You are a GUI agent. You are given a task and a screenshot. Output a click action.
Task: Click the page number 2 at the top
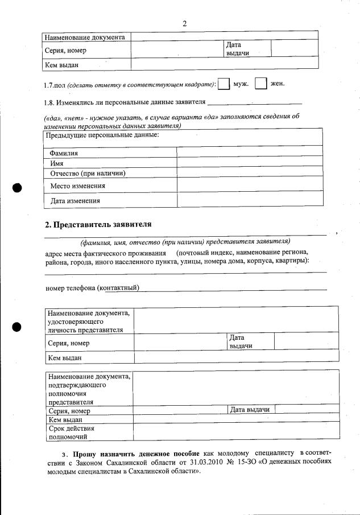coord(184,23)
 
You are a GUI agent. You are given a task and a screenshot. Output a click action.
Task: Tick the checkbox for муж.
coord(224,84)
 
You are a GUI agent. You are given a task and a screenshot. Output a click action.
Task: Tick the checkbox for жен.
coord(261,84)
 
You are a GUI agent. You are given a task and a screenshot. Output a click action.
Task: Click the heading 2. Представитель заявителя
coord(98,224)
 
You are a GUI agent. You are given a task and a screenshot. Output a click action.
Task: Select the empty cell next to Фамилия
coord(250,152)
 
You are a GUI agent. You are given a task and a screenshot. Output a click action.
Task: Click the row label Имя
coord(56,163)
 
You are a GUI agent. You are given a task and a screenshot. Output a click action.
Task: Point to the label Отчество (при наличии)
coord(88,173)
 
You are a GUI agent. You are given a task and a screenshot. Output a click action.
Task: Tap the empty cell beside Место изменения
coord(250,185)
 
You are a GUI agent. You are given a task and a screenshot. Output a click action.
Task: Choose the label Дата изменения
coord(75,200)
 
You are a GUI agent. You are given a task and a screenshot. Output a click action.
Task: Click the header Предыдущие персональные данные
coord(102,135)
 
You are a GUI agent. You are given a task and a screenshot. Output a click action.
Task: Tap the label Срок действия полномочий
coord(72,432)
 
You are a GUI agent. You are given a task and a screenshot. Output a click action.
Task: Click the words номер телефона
coord(71,288)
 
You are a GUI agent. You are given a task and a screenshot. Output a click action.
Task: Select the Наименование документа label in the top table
coord(85,37)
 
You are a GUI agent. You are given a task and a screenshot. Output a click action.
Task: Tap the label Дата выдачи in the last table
coord(250,409)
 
